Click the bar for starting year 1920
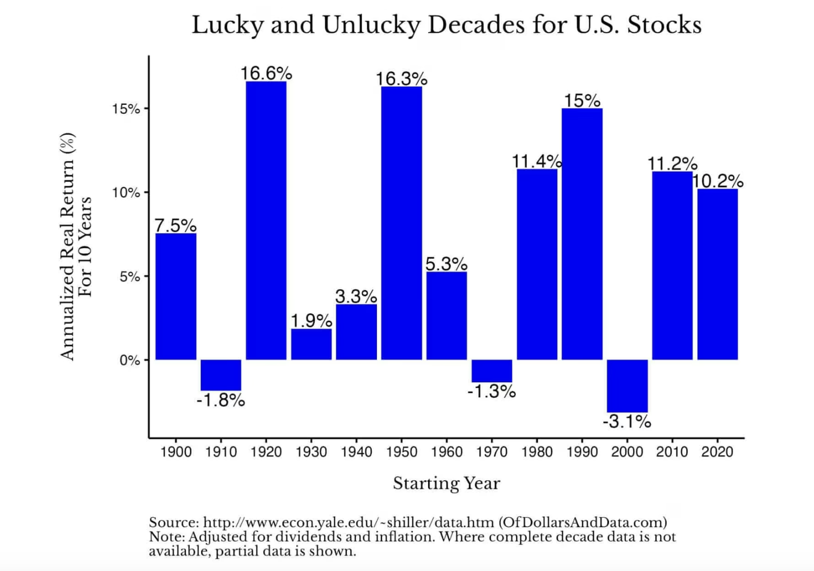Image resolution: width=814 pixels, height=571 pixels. tap(266, 221)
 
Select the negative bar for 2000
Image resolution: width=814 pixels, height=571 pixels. tap(627, 385)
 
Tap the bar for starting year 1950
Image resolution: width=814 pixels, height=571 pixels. tap(401, 223)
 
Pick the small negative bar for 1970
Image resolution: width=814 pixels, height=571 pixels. tap(492, 371)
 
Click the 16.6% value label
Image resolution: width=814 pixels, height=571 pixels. tap(266, 73)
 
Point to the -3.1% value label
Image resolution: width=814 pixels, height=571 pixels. tap(627, 421)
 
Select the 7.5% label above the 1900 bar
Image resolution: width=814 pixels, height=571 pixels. tap(175, 225)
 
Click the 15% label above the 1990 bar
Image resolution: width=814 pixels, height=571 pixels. tap(582, 100)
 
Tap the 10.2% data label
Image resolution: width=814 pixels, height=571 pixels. tap(718, 181)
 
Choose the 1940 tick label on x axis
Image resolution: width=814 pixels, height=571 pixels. tap(356, 452)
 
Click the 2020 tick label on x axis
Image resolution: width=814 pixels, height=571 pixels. tap(717, 452)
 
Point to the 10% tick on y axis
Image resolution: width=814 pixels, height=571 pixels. tap(126, 193)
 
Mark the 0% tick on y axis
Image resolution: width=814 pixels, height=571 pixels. tap(129, 360)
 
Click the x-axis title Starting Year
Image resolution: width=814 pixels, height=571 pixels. tap(446, 483)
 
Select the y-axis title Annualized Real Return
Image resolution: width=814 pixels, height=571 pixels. tap(67, 246)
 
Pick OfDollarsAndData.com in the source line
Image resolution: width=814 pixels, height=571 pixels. tap(583, 522)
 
